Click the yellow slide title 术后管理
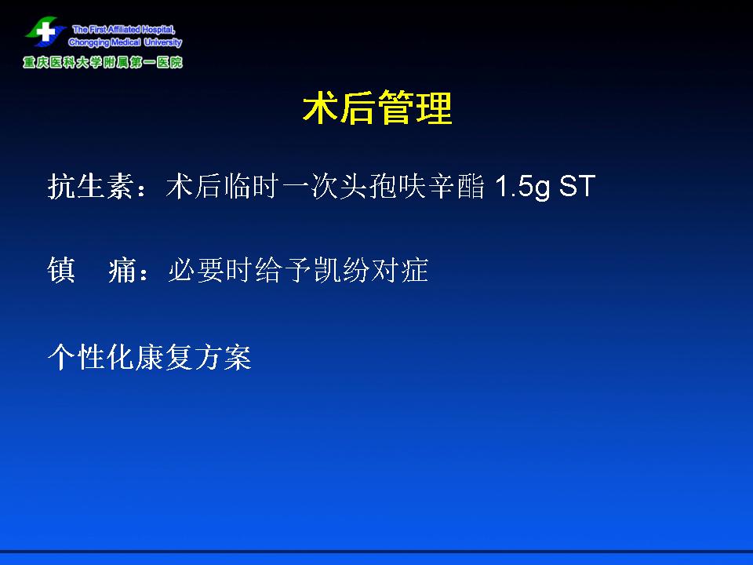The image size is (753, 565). pos(377,108)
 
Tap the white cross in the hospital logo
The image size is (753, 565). pos(46,31)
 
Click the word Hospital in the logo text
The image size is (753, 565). pos(158,30)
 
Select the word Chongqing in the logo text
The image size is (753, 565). pos(89,42)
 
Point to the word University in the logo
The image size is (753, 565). pos(163,42)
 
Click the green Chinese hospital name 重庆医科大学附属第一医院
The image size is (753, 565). pos(103,63)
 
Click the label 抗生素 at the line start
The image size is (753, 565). pos(90,186)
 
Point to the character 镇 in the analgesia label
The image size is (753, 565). pos(61,270)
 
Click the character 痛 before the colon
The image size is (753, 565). pos(122,270)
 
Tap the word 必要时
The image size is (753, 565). pos(210,270)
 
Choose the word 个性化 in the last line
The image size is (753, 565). pos(90,357)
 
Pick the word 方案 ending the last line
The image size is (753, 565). pos(222,357)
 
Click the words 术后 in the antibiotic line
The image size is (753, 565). pos(194,186)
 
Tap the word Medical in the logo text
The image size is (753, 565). pos(126,42)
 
